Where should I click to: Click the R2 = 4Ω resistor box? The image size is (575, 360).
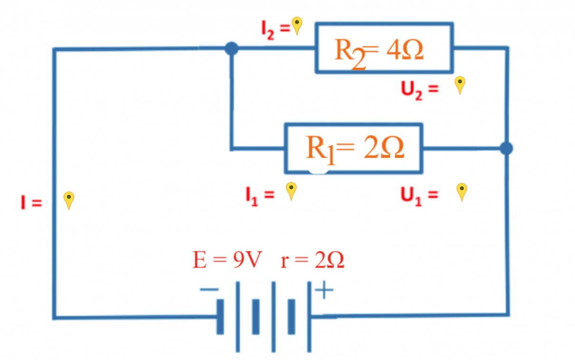tap(384, 48)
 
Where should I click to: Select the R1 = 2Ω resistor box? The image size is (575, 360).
tap(353, 148)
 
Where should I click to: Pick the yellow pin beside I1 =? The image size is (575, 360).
tap(291, 190)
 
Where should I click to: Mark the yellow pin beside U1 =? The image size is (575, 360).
tap(461, 191)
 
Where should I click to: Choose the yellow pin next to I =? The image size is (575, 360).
tap(69, 200)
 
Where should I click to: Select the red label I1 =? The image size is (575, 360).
tap(259, 195)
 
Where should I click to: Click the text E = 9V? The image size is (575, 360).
tap(227, 261)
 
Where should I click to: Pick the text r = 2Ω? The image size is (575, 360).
tap(312, 261)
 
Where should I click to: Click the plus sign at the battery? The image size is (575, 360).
tap(324, 290)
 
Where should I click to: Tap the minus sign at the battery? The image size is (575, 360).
tap(209, 289)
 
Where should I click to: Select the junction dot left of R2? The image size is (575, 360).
tap(231, 48)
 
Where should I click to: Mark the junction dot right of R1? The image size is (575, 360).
tap(507, 148)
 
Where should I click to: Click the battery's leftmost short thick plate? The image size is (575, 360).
tap(220, 317)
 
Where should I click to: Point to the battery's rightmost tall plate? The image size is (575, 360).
tap(309, 317)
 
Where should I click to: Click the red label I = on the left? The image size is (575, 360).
tap(31, 203)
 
